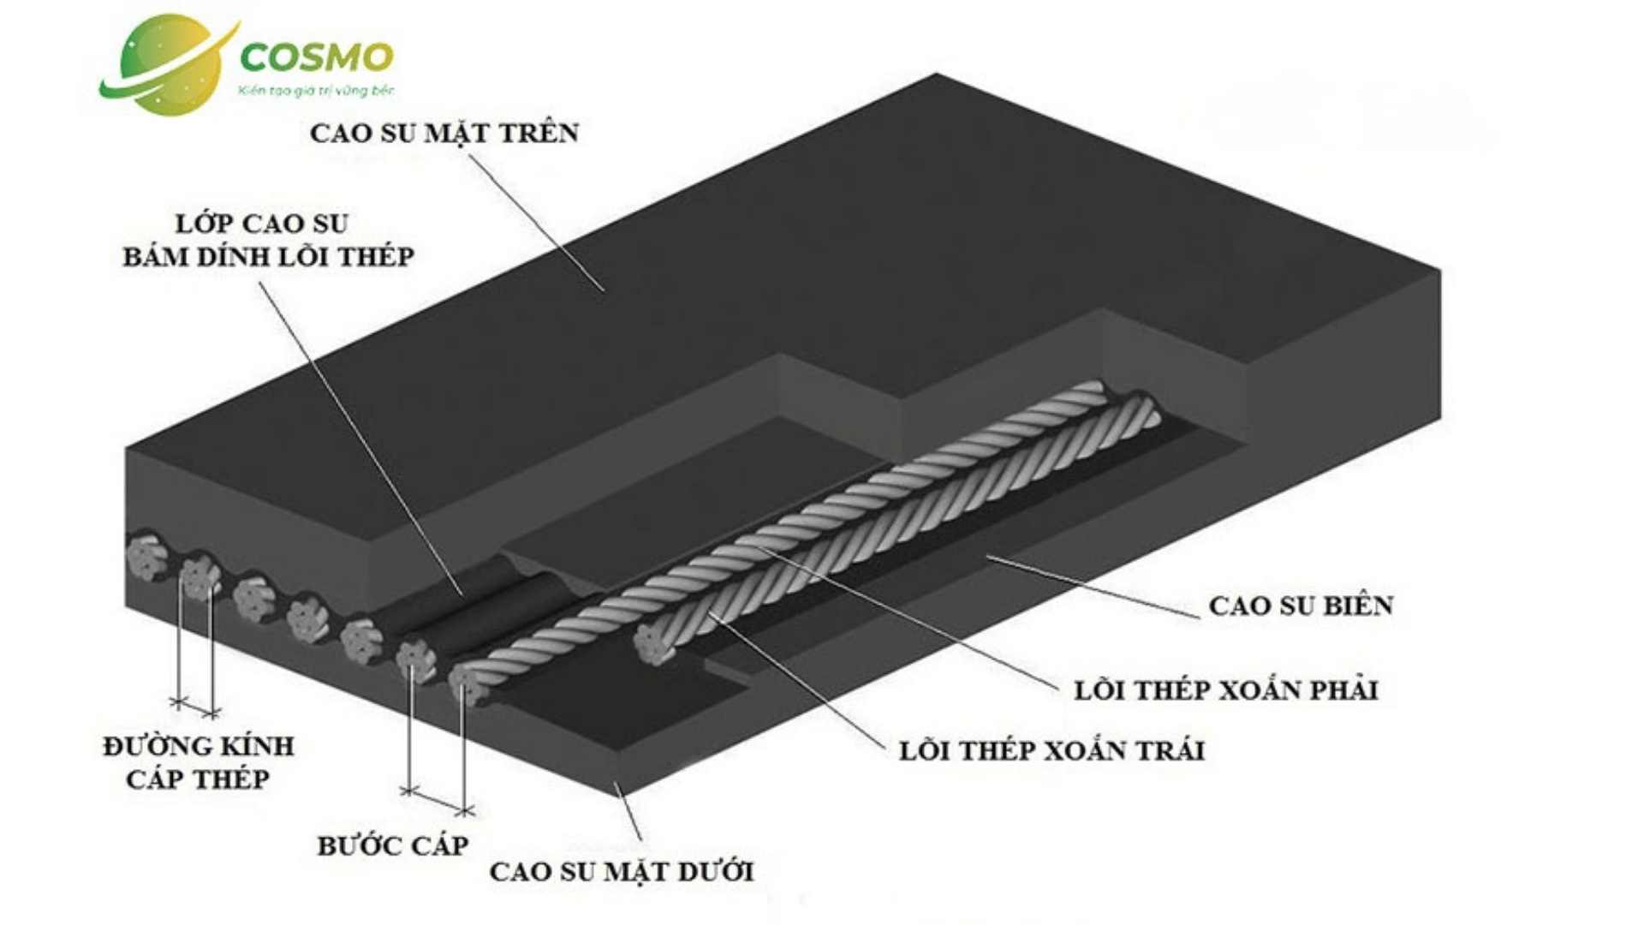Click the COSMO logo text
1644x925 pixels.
coord(316,57)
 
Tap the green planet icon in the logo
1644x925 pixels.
coord(170,65)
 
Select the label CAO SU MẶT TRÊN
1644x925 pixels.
coord(444,134)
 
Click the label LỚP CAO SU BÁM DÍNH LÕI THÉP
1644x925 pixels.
coord(268,241)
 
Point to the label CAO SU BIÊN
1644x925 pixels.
coord(1301,606)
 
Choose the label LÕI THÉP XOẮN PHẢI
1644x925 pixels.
coord(1226,690)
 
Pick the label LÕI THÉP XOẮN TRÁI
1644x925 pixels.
coord(1051,751)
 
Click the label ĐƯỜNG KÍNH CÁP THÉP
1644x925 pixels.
coord(198,762)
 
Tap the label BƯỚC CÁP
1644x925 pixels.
coord(392,846)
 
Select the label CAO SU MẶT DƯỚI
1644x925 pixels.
coord(621,872)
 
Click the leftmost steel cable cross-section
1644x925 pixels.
coord(147,557)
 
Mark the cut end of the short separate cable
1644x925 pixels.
coord(654,644)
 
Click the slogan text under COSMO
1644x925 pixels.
coord(316,90)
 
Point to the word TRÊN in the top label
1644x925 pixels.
coord(539,134)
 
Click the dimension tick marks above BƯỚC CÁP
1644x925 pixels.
coord(438,801)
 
